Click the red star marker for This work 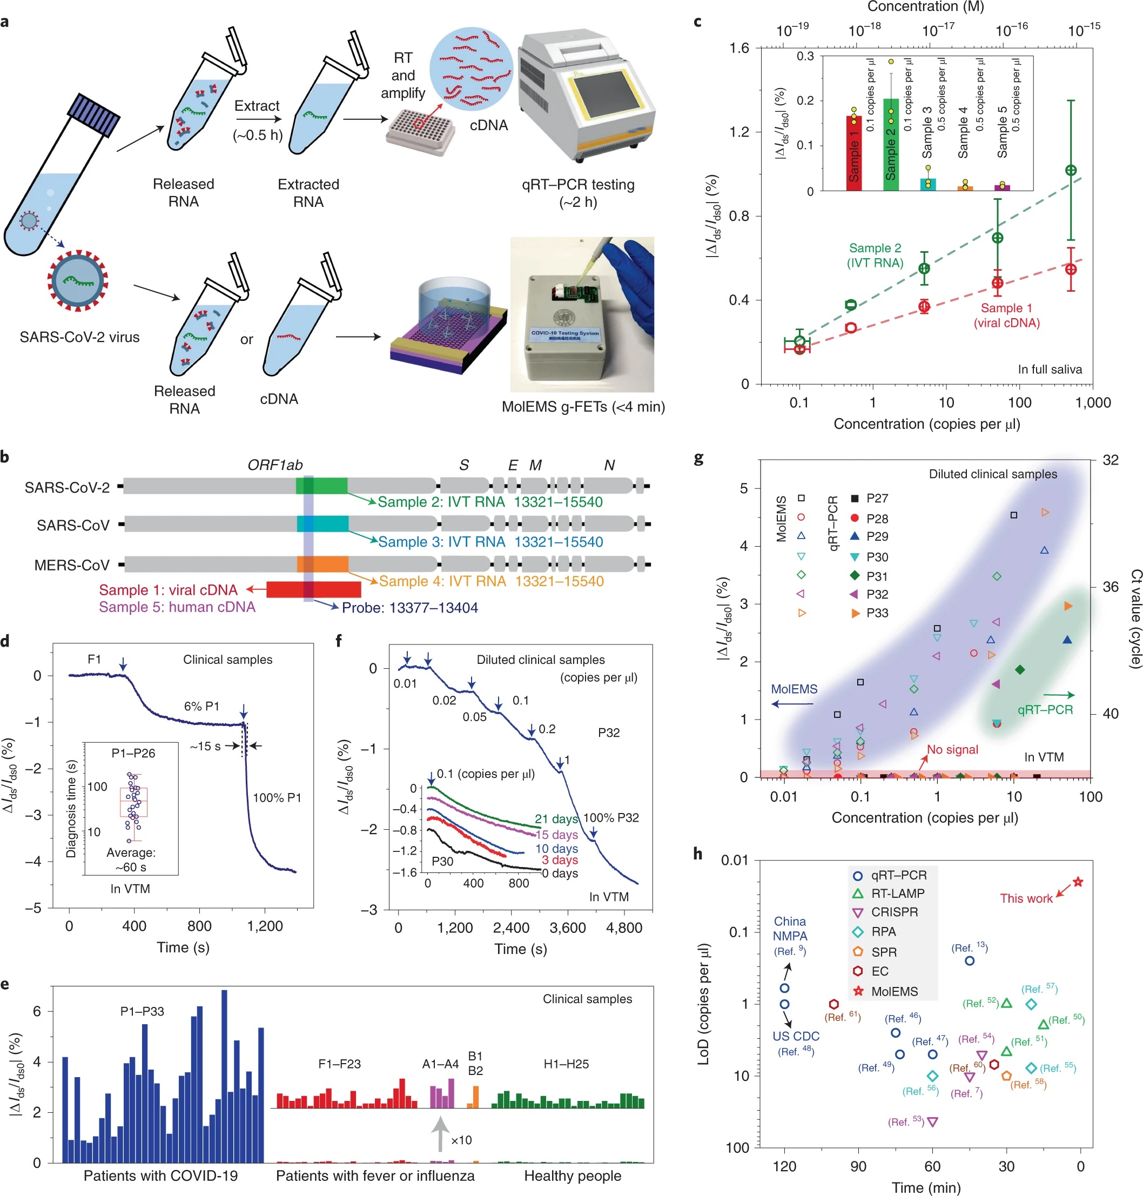coord(1077,882)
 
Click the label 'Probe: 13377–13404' coord(409,607)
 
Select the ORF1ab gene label coord(275,466)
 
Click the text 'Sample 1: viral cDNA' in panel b coord(168,590)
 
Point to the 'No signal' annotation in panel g coord(952,749)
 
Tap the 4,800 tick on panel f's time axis coord(624,928)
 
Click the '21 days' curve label coord(556,819)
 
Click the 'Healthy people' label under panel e coord(572,1175)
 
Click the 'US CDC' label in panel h coord(796,1036)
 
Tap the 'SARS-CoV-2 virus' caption coord(79,337)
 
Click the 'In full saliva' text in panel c coord(1050,369)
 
